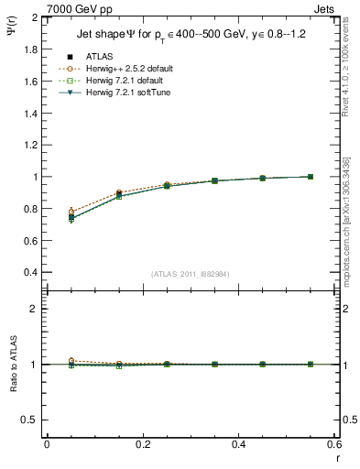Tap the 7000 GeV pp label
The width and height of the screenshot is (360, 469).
pyautogui.click(x=80, y=8)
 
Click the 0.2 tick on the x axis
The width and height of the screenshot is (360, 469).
pyautogui.click(x=143, y=444)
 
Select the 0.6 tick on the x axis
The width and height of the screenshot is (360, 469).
pyautogui.click(x=334, y=444)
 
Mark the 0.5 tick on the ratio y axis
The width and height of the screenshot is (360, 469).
pyautogui.click(x=29, y=420)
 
